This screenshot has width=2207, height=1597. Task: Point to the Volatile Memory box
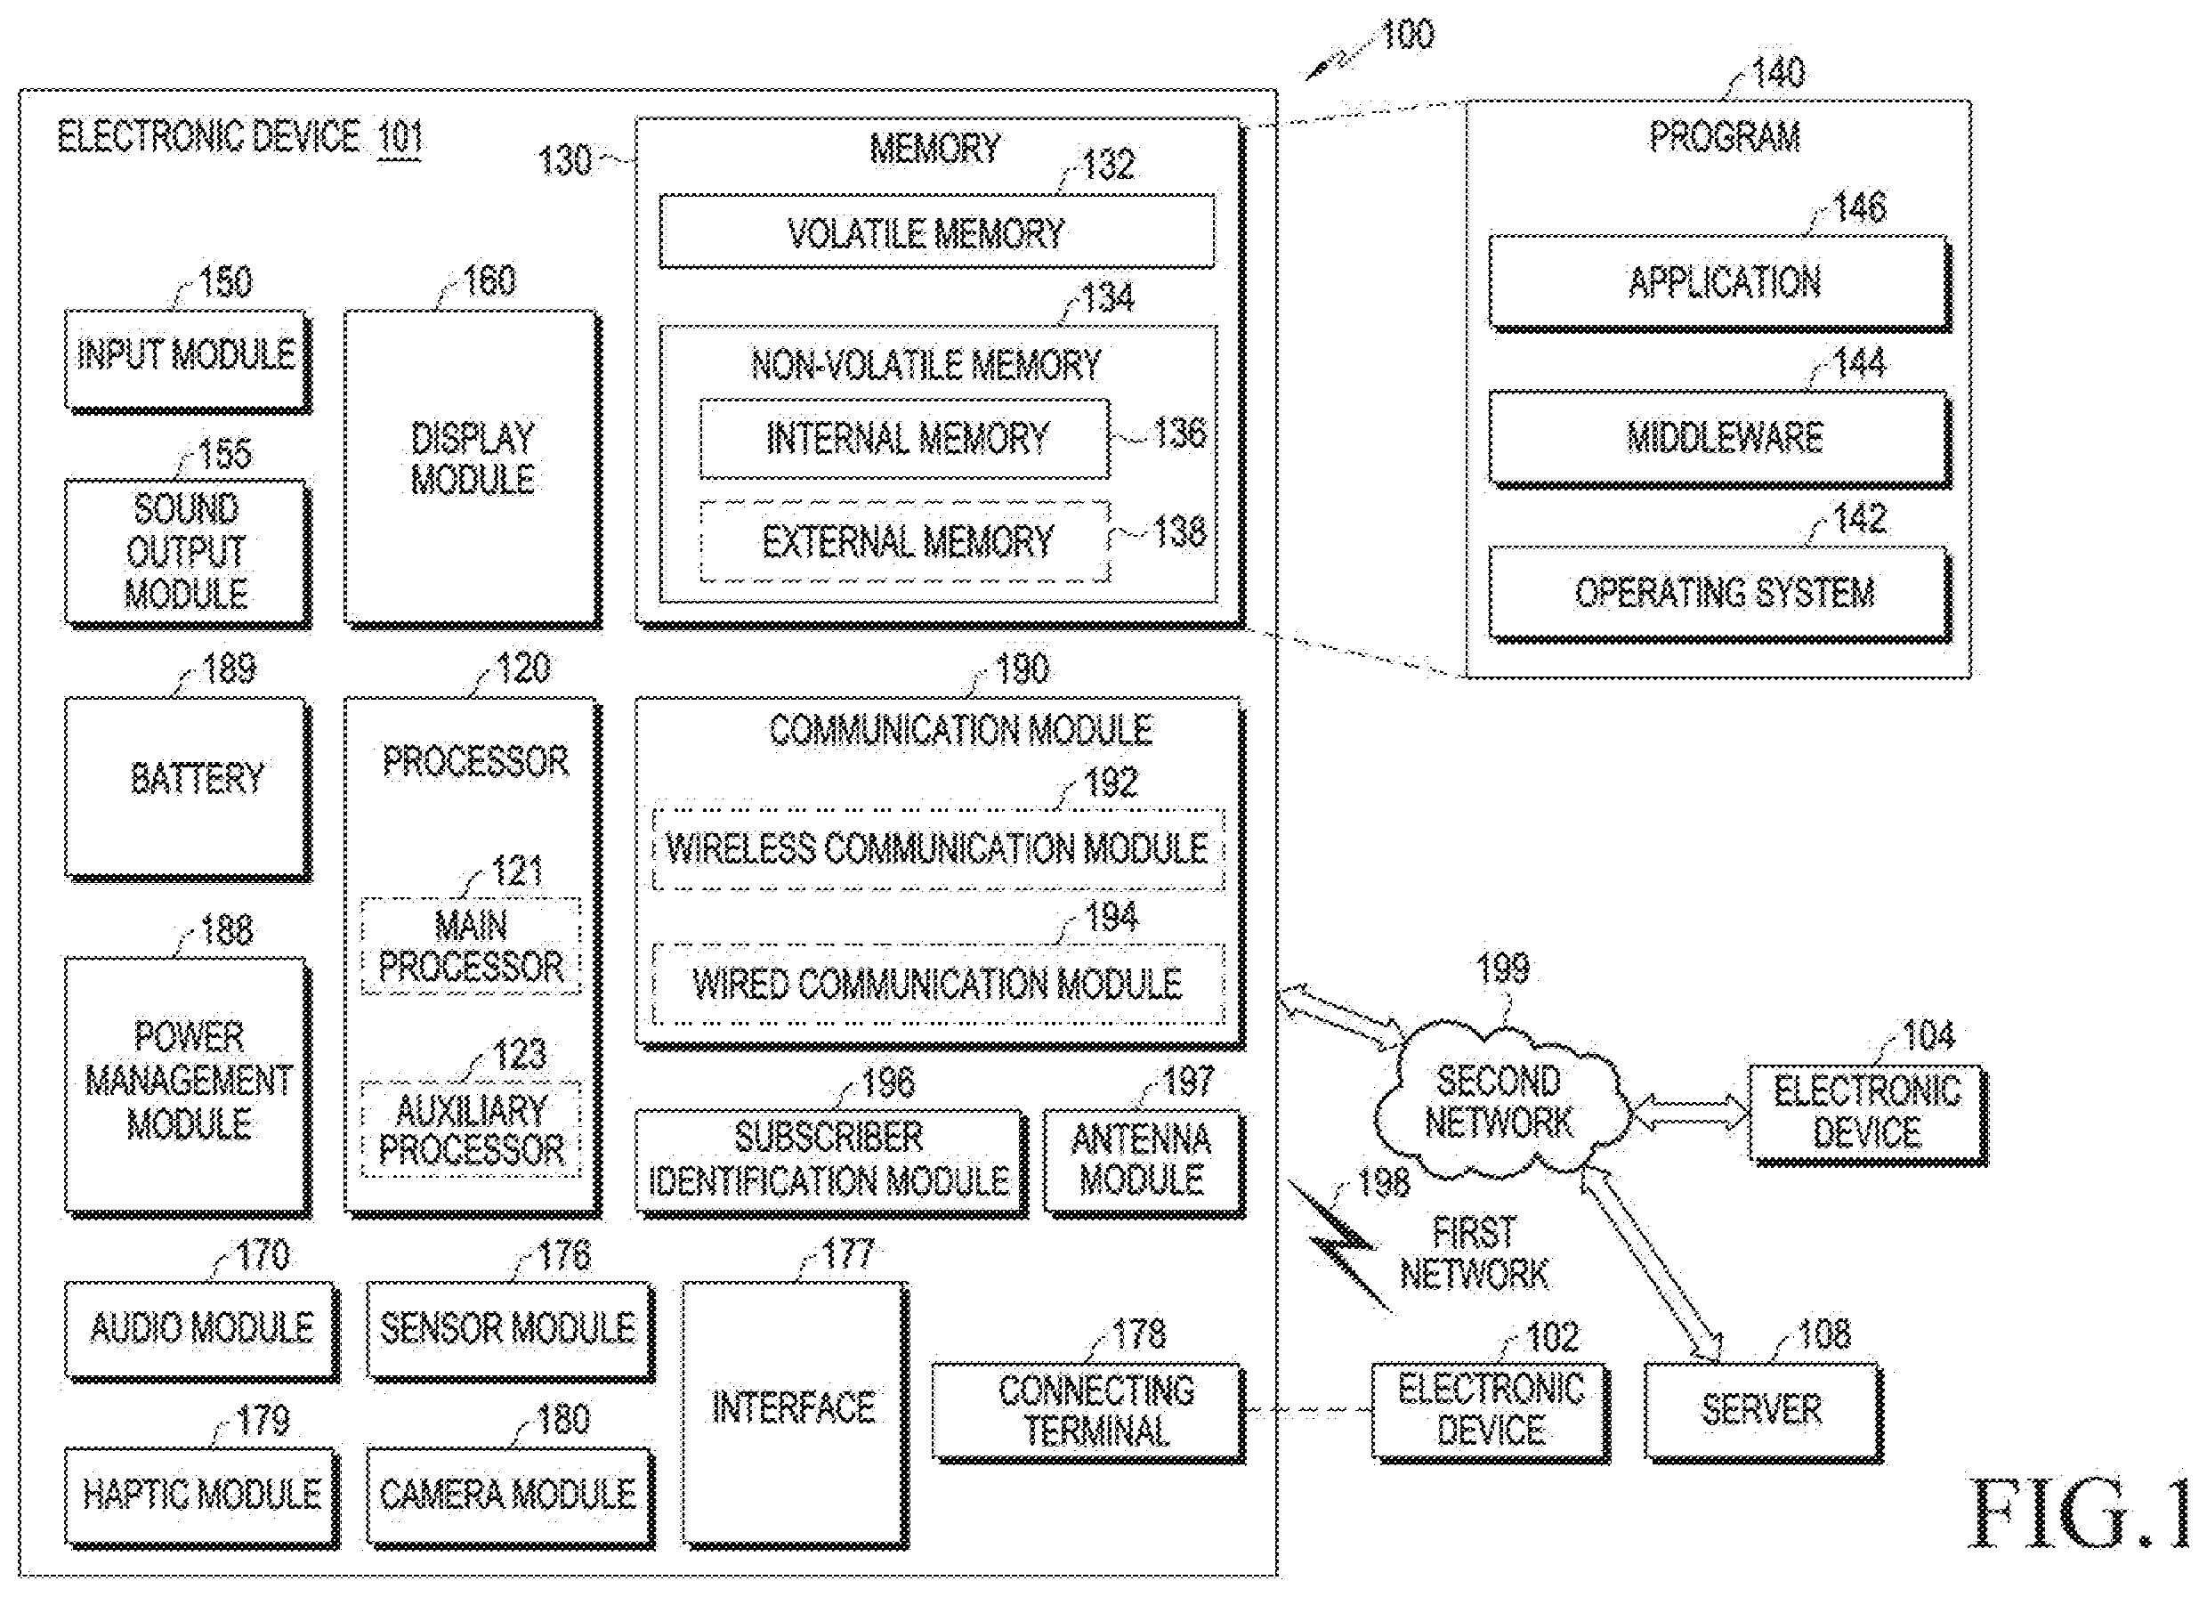tap(937, 231)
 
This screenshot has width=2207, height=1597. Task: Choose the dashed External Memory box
tap(905, 541)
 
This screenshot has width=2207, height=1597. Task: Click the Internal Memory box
tap(905, 439)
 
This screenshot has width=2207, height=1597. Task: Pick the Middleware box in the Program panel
tap(1720, 439)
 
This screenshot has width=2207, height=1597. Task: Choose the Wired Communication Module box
tap(938, 984)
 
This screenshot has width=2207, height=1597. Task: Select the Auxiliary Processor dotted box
tap(471, 1130)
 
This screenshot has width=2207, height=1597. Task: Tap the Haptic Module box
tap(202, 1496)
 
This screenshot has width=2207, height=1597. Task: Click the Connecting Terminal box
tap(1089, 1412)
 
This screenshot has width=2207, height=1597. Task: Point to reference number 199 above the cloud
tap(1503, 969)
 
